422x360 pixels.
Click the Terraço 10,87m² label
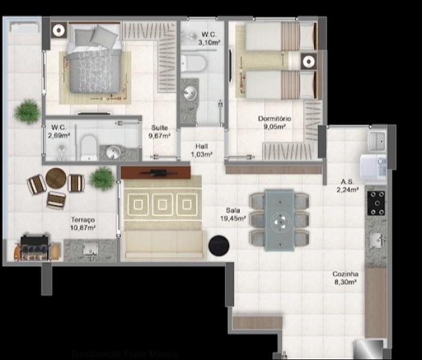click(x=83, y=224)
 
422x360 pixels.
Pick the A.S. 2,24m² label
click(x=348, y=186)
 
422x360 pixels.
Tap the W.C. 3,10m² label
click(x=209, y=38)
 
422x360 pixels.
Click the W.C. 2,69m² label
click(x=58, y=131)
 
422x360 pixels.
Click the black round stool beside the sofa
click(x=218, y=245)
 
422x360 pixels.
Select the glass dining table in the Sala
click(x=279, y=220)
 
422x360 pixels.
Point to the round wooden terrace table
click(x=56, y=178)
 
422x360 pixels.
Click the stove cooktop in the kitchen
click(x=377, y=203)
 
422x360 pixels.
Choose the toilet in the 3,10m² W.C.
click(x=194, y=62)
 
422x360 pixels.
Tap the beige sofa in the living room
click(x=163, y=244)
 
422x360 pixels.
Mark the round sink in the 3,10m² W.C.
click(x=190, y=92)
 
